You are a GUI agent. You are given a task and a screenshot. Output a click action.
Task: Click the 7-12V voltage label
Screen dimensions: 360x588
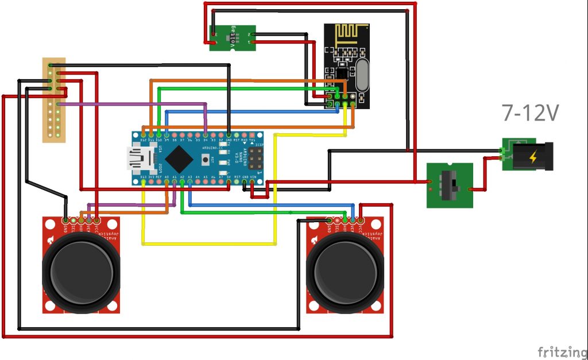(530, 113)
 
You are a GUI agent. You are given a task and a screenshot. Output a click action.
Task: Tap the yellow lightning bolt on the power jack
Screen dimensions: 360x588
(533, 156)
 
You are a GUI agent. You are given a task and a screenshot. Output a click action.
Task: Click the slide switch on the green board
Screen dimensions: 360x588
(454, 186)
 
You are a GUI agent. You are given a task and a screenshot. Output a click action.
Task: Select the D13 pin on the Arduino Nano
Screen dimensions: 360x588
(143, 183)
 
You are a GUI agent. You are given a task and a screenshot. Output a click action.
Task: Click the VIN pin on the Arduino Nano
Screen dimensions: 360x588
(253, 183)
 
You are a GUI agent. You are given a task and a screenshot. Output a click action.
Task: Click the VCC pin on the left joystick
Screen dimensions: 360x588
(96, 220)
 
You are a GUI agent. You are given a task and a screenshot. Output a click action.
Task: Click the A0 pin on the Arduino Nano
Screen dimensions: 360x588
(167, 183)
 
